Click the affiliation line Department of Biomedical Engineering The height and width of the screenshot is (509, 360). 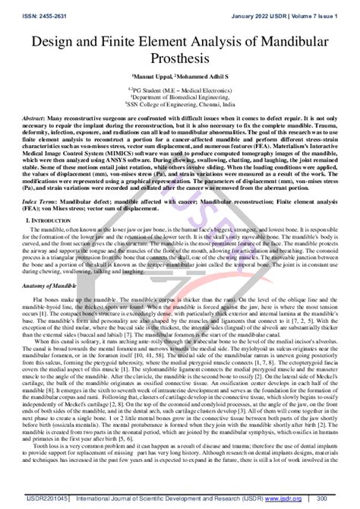(x=180, y=97)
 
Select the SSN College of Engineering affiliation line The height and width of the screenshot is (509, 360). (x=180, y=105)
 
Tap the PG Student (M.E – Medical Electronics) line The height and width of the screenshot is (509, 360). (x=180, y=90)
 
